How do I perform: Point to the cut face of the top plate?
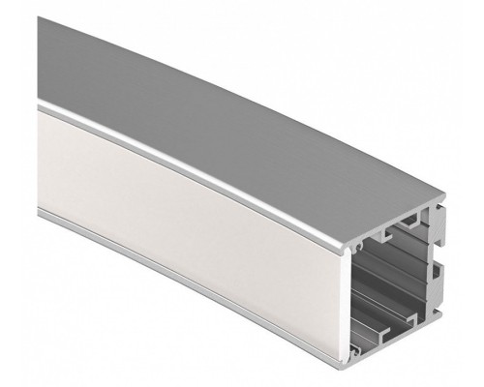pyautogui.click(x=397, y=223)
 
